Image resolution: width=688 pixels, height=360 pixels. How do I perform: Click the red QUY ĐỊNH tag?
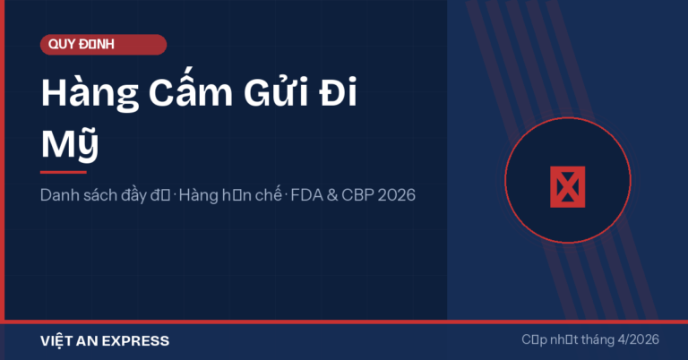tap(103, 45)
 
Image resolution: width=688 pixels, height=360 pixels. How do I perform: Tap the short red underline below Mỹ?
tap(63, 171)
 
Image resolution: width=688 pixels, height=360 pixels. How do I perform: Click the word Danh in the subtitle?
tap(59, 194)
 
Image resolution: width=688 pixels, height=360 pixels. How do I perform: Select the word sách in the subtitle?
tap(102, 194)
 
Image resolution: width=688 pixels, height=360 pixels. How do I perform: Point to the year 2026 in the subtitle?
tap(397, 194)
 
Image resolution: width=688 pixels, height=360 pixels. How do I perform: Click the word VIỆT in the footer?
tap(59, 341)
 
